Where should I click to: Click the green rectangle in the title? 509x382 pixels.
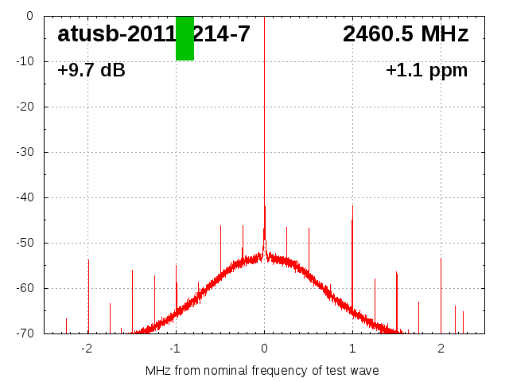(185, 38)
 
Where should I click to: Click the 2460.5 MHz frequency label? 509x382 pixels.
(406, 34)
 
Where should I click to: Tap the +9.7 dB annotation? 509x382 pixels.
(91, 71)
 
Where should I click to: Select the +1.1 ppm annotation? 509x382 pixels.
(426, 71)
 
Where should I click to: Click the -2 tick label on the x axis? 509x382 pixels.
(87, 349)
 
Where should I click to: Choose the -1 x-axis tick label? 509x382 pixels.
(175, 349)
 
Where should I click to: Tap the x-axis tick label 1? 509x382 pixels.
(352, 349)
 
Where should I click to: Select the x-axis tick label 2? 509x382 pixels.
(441, 349)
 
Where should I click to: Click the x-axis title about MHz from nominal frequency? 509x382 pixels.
(262, 371)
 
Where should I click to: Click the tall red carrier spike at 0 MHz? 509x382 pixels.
(264, 119)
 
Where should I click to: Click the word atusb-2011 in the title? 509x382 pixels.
(116, 34)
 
